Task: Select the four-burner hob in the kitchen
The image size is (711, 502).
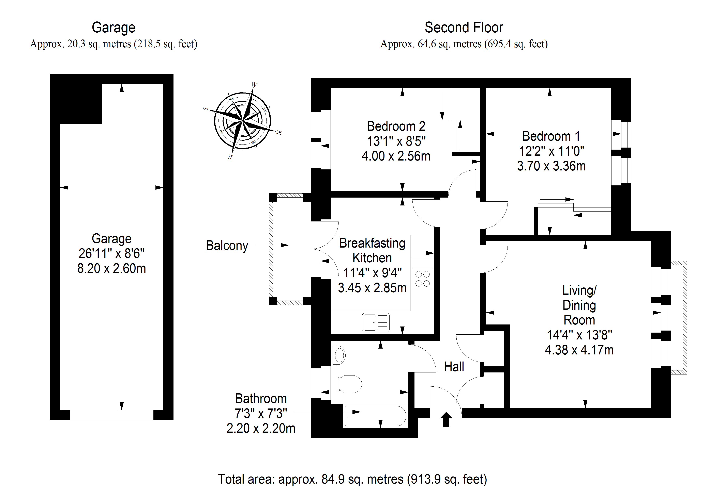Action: [422, 278]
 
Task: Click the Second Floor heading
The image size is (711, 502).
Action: [464, 28]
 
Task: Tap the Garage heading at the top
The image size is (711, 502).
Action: [113, 28]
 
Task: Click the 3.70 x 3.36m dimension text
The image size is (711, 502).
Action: [551, 166]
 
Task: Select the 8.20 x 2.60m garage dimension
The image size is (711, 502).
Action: [111, 268]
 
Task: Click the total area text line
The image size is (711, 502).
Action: [352, 479]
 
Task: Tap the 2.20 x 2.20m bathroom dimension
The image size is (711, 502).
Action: [261, 428]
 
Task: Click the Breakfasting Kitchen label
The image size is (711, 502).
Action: [372, 251]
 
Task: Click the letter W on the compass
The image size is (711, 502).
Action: [254, 84]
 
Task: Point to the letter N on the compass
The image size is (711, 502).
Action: [279, 133]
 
